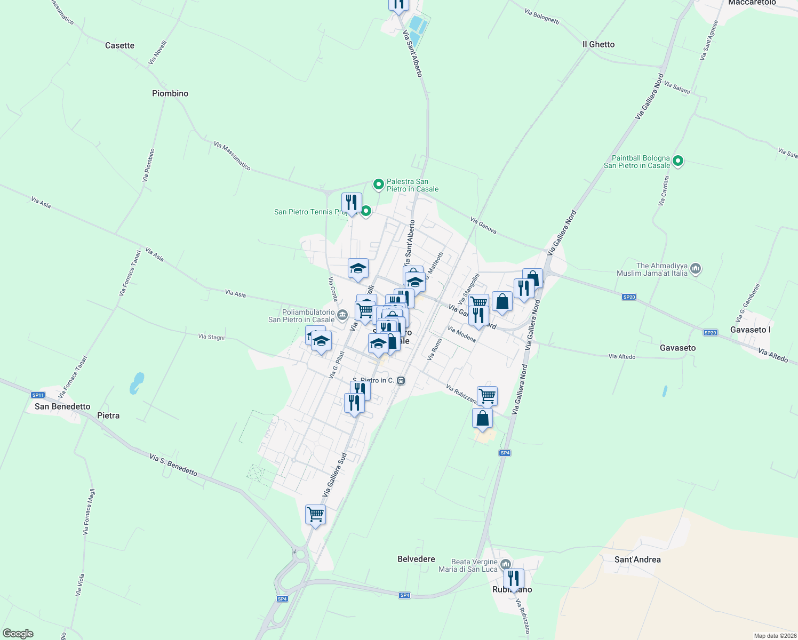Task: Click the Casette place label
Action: (119, 45)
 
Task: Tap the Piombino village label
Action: (170, 93)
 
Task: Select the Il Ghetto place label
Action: (598, 44)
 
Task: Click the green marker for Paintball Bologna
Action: (678, 161)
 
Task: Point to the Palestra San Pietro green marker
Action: (378, 185)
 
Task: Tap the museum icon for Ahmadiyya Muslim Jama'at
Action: (695, 268)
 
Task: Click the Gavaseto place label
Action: (677, 348)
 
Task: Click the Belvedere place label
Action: (416, 559)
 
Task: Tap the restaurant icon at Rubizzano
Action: (513, 578)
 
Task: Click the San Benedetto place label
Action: (62, 406)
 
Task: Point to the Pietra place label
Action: (108, 415)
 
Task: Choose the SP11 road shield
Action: (37, 395)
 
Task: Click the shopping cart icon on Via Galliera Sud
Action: (315, 515)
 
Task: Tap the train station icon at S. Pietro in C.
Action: (401, 380)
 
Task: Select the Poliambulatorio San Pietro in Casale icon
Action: (342, 314)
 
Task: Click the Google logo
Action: (18, 634)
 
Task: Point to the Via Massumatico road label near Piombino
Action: (232, 156)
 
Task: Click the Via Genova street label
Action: (483, 225)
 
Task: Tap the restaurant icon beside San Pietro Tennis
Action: (351, 203)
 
